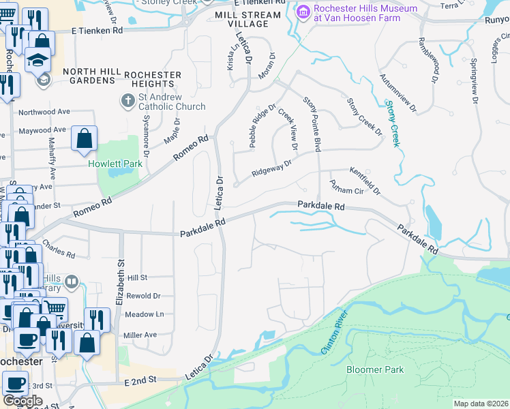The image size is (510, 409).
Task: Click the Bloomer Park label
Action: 375,370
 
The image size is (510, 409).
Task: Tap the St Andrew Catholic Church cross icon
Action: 127,102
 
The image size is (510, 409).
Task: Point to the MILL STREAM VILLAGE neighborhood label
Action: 247,19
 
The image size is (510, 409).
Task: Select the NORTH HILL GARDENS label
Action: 89,76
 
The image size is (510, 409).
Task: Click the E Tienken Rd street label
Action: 99,31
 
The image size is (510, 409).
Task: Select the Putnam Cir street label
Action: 344,186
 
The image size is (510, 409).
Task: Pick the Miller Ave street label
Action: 140,335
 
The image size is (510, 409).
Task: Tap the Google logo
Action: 22,401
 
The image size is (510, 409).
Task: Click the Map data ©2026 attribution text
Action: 481,404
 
